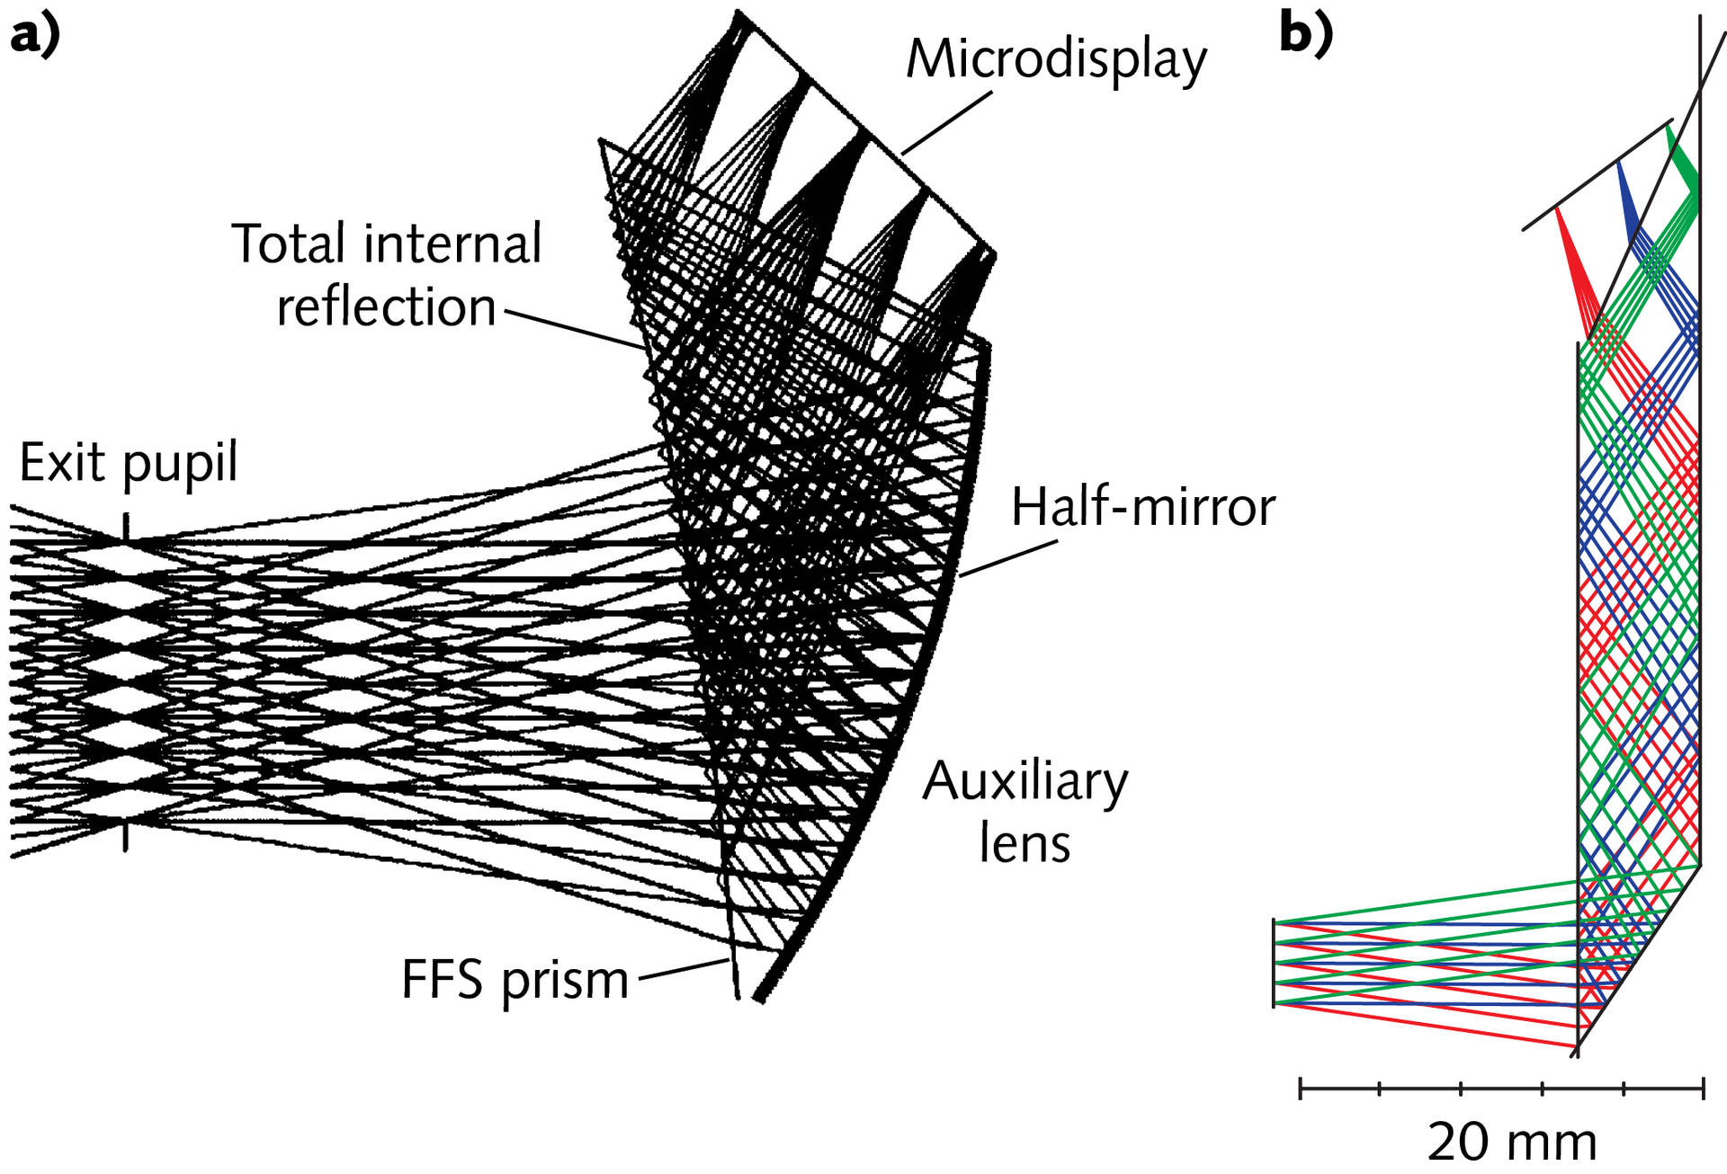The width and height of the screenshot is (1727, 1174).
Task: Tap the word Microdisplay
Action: coord(1056,60)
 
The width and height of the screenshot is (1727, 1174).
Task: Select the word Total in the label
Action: coord(289,244)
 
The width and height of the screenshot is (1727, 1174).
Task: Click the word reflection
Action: coord(386,307)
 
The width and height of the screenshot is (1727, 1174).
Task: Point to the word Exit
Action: coord(63,463)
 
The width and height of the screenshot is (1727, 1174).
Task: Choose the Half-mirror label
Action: coord(1142,507)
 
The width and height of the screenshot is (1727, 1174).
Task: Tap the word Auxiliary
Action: coord(1025,781)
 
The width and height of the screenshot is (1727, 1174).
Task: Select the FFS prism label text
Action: coord(515,981)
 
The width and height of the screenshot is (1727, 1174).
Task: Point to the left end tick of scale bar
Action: coord(1301,1089)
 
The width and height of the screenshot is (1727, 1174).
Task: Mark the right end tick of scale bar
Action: coord(1703,1089)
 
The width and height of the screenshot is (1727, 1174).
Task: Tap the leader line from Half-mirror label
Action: coord(1007,558)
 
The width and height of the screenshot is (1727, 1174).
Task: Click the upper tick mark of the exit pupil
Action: coord(126,526)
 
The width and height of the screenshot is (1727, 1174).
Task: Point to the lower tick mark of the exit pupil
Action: coord(126,836)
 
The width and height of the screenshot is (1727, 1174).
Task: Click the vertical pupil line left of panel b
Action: coord(1274,963)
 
